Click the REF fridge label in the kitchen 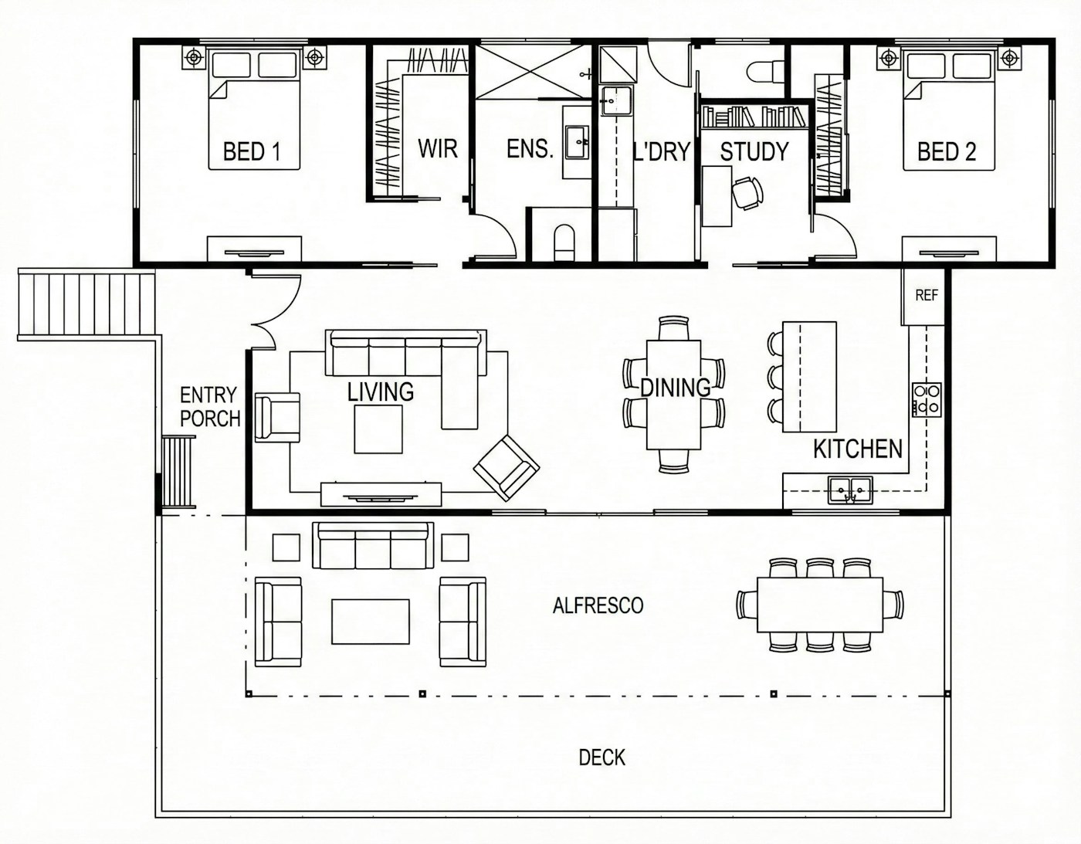[927, 296]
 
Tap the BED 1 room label [252, 151]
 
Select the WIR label [438, 148]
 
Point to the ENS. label [530, 149]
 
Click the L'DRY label [662, 151]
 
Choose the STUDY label [754, 151]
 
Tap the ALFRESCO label [598, 605]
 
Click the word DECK [602, 758]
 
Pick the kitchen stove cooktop [927, 399]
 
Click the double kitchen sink [850, 490]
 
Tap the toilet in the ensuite [564, 242]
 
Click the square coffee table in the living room [378, 429]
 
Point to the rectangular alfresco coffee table [371, 622]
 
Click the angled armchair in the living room [507, 468]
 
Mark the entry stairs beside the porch [86, 304]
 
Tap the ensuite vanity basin [577, 142]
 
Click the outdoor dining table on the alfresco [820, 605]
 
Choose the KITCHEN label [858, 449]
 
